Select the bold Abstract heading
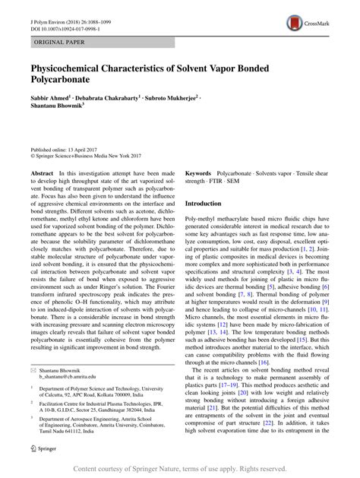click(x=43, y=173)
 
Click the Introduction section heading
click(x=208, y=204)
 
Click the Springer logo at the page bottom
click(x=45, y=448)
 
